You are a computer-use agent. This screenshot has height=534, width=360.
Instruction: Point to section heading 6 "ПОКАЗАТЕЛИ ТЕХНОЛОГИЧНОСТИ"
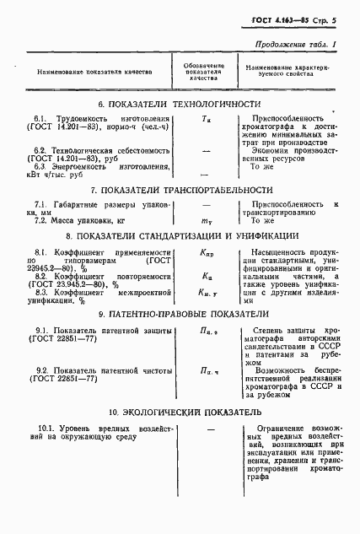[180, 104]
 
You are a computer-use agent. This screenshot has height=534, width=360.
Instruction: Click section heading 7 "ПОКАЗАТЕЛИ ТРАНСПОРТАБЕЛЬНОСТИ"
[180, 191]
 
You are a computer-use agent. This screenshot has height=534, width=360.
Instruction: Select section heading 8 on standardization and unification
[180, 236]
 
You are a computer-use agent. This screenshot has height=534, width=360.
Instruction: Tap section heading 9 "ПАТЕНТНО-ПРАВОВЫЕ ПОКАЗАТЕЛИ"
[180, 314]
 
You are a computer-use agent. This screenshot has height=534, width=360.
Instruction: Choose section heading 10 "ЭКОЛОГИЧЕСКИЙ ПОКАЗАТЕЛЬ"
[180, 413]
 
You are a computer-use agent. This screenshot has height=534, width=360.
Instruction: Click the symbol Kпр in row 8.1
[207, 252]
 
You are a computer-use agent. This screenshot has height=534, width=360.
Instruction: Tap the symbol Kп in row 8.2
[207, 275]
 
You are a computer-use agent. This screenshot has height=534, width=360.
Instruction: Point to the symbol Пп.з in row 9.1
[207, 331]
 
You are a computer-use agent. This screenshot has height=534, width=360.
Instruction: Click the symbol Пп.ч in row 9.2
[207, 371]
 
